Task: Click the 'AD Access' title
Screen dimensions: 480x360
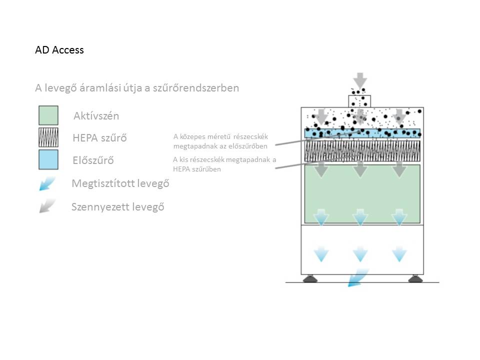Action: click(59, 50)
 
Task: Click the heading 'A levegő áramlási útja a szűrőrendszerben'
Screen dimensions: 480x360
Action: click(137, 88)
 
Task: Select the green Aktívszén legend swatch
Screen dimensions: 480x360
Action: click(48, 115)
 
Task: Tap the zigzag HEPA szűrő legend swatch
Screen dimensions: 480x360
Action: click(48, 137)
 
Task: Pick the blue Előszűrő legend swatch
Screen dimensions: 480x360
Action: click(48, 159)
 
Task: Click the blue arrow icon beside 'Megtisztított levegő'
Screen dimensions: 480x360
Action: click(47, 183)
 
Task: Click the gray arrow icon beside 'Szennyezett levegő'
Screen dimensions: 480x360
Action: click(47, 205)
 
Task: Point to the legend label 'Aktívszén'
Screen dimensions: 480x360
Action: click(96, 116)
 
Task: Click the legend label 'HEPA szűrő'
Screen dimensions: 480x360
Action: click(99, 138)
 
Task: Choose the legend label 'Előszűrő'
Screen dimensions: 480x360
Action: click(93, 160)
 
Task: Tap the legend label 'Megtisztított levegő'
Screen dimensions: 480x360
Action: click(120, 183)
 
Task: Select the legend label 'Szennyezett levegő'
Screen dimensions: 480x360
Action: click(118, 207)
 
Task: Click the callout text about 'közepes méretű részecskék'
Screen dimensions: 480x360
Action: click(220, 141)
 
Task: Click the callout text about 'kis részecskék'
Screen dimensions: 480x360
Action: click(224, 164)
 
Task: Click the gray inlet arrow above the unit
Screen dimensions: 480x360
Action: click(360, 80)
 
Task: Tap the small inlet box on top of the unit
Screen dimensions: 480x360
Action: click(359, 101)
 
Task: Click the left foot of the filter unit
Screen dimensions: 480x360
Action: click(310, 278)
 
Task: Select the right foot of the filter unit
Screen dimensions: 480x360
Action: click(415, 278)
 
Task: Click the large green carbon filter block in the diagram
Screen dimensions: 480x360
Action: click(362, 194)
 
